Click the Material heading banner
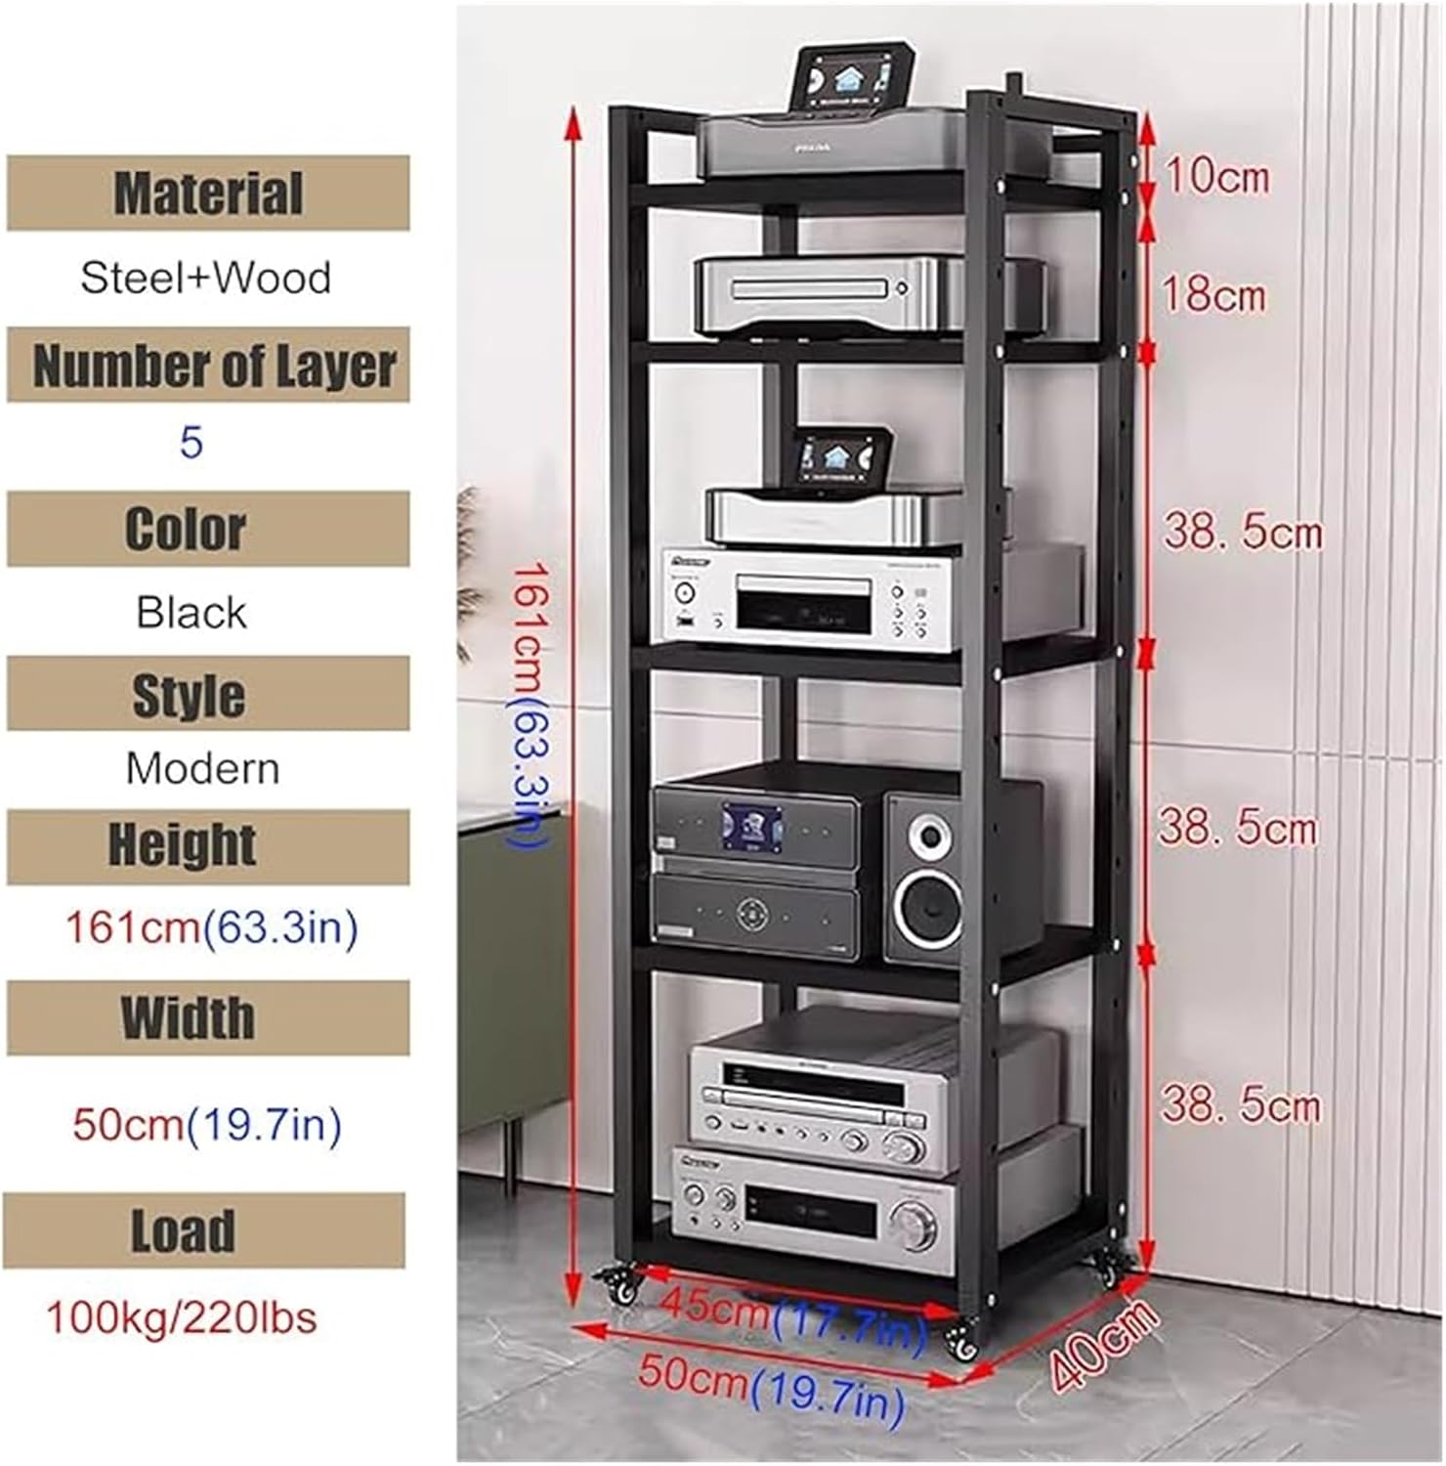(208, 193)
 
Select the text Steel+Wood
(206, 278)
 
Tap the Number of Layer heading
(213, 366)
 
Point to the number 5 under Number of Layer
(191, 443)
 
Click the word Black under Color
(191, 613)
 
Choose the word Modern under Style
(202, 768)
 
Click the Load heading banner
(185, 1230)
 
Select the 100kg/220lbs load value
(182, 1318)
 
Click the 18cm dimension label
(1214, 294)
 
